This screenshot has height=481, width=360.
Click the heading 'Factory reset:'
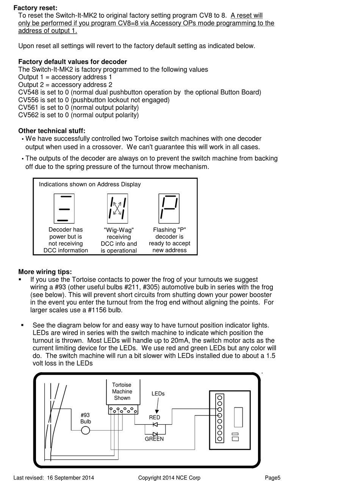pos(35,8)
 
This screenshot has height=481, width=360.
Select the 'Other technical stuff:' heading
pos(52,131)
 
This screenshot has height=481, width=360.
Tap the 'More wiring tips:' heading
pos(45,272)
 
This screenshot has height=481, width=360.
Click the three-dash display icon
pos(64,209)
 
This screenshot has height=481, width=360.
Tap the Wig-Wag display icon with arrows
pos(117,209)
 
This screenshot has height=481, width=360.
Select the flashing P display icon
pos(169,209)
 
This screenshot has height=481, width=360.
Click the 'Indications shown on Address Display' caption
pos(90,184)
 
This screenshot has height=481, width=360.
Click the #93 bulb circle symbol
pos(86,430)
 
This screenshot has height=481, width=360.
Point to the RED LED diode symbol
pos(155,425)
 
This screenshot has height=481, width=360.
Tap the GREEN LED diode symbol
pos(155,434)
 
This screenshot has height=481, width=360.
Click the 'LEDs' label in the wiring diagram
pos(158,394)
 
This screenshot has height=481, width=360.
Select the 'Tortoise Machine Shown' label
pos(122,392)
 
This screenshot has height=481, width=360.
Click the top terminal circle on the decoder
pos(220,398)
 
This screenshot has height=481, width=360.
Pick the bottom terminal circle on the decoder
pos(220,439)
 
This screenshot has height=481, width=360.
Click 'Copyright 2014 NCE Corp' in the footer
pos(169,478)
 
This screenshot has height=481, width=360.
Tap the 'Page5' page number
pos(272,478)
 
